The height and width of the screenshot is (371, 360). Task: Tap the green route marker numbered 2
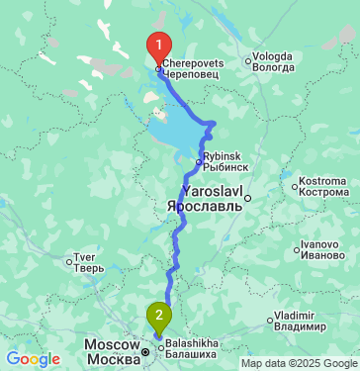(158, 317)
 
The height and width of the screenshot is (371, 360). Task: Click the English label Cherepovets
(194, 62)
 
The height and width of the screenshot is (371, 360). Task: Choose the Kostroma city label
(327, 184)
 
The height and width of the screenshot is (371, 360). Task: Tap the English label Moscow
(109, 343)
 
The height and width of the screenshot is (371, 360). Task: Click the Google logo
(33, 359)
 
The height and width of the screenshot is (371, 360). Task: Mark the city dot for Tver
(68, 262)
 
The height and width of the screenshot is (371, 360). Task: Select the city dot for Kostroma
(296, 184)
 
